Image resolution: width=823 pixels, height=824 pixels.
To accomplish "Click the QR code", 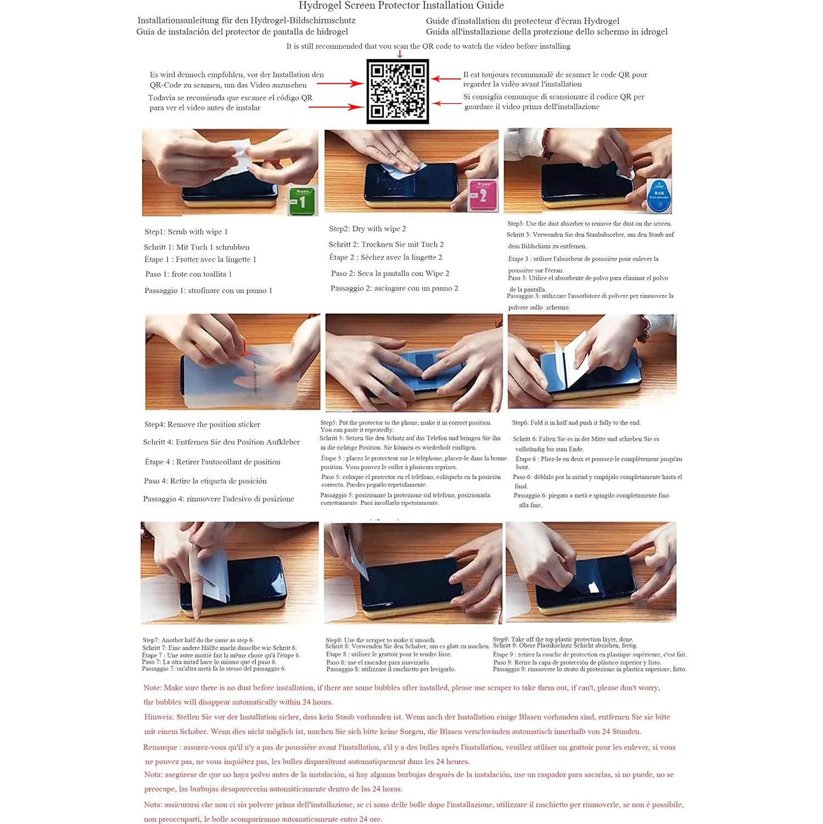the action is (x=397, y=91).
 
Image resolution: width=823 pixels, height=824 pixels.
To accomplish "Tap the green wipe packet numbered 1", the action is (x=303, y=201).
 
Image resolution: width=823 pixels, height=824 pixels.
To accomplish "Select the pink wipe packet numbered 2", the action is (x=483, y=195).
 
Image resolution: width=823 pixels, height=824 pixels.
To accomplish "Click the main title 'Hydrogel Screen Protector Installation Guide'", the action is (x=401, y=5).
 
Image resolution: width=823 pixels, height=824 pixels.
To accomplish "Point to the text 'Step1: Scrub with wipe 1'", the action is (x=186, y=232).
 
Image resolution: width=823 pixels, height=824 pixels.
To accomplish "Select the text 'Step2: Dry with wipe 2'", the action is (x=368, y=229).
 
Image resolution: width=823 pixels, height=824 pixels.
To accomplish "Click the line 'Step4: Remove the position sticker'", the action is (x=202, y=425).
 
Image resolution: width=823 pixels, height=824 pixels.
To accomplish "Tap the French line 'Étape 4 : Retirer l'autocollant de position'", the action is (x=212, y=462).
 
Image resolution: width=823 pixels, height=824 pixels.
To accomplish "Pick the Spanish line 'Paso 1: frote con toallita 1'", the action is (x=188, y=274).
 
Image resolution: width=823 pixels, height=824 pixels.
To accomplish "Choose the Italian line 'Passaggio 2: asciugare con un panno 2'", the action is (x=394, y=288).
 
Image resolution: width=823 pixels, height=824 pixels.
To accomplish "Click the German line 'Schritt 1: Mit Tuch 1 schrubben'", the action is (x=197, y=247).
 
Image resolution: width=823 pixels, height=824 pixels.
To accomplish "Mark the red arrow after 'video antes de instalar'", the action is (x=336, y=107).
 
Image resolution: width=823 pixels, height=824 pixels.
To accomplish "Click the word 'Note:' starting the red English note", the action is (x=153, y=688).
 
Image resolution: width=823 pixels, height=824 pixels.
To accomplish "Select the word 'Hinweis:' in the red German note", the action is (x=159, y=717).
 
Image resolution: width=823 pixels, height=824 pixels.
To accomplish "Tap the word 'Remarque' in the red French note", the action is (x=160, y=748).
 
